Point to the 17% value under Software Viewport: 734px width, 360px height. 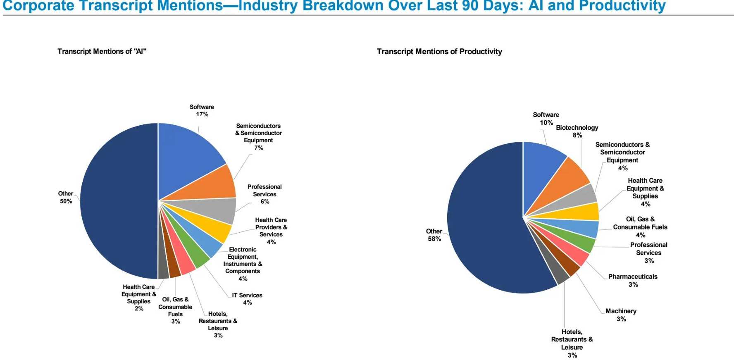202,114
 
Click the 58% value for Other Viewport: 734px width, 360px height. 434,239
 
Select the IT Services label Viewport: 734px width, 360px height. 247,295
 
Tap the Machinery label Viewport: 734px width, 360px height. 621,311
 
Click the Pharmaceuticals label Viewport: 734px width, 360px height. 633,277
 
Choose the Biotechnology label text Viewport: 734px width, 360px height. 577,128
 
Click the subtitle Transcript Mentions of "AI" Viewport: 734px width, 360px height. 102,51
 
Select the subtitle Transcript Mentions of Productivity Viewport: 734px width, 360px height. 439,52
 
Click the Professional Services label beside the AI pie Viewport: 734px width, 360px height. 265,191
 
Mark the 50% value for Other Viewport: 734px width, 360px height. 66,201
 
